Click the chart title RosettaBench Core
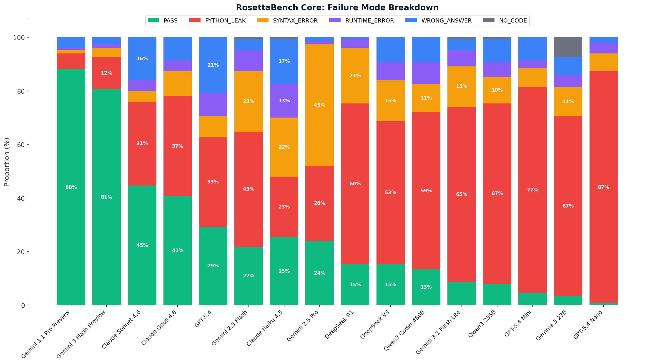click(x=337, y=8)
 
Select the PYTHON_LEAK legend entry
click(x=225, y=21)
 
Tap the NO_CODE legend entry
click(x=513, y=21)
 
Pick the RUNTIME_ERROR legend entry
click(x=369, y=21)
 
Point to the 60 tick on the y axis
click(x=21, y=145)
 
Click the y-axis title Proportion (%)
click(x=7, y=162)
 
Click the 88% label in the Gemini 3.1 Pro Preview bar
click(x=71, y=187)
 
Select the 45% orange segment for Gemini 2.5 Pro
click(x=319, y=105)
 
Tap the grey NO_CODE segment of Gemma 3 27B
click(x=568, y=47)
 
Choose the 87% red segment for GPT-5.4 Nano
click(x=604, y=187)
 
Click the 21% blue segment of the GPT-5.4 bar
click(x=213, y=65)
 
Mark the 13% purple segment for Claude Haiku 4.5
click(x=284, y=101)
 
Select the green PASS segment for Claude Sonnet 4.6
click(x=142, y=245)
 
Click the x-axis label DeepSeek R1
click(x=340, y=324)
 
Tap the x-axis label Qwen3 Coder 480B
click(x=404, y=330)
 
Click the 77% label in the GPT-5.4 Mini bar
click(x=532, y=190)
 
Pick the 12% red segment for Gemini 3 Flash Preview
click(x=106, y=73)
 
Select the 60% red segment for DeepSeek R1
click(x=355, y=184)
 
